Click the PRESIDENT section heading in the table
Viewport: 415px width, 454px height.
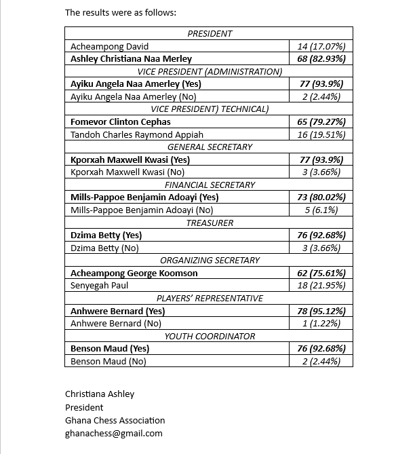(x=210, y=33)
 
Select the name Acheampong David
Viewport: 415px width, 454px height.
(x=110, y=46)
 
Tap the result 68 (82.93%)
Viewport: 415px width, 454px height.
(x=321, y=59)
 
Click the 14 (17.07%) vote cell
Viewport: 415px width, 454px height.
(x=321, y=46)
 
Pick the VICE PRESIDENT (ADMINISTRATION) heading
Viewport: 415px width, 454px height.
(x=210, y=71)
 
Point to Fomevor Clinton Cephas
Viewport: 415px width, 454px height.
(x=121, y=122)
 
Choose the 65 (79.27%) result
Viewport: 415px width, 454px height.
(x=321, y=122)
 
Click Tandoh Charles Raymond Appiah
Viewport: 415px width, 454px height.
(x=137, y=134)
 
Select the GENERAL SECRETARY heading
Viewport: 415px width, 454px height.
(x=210, y=147)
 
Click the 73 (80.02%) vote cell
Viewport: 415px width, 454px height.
(x=321, y=197)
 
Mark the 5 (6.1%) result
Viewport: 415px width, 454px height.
(x=321, y=210)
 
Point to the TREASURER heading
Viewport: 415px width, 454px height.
(x=210, y=223)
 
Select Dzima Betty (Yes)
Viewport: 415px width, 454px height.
(x=106, y=235)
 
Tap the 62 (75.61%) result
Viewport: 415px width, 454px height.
(x=321, y=273)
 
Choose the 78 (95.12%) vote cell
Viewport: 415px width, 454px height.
(x=321, y=311)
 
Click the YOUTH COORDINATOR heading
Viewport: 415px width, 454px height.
(x=210, y=336)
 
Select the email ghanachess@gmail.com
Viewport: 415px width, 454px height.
(x=114, y=433)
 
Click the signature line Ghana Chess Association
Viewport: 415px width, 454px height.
(x=115, y=420)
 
